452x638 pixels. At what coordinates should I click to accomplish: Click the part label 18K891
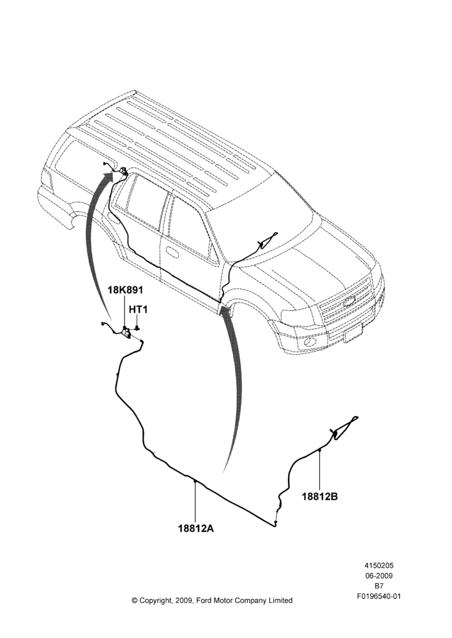pos(125,290)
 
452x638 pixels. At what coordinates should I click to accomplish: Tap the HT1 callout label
pos(139,309)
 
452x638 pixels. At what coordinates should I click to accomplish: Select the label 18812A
pos(196,529)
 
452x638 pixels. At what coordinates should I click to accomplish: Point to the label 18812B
pos(320,496)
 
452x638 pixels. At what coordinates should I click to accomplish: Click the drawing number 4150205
pos(379,565)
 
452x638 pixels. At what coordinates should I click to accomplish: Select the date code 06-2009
pos(379,575)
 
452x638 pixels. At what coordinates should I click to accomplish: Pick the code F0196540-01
pos(379,596)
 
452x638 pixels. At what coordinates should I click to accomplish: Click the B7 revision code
pos(379,586)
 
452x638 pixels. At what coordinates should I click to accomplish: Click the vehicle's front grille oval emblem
pos(349,302)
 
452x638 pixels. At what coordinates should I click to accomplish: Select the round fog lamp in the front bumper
pos(312,341)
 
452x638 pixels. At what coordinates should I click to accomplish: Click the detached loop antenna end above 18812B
pos(343,426)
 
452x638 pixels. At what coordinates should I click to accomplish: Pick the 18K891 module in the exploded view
pos(127,332)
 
